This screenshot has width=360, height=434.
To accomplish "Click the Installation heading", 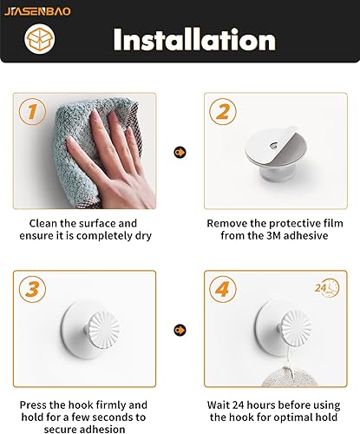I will (x=194, y=39).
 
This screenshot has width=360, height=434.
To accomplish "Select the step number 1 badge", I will (x=32, y=112).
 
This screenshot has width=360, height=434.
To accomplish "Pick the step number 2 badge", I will (x=223, y=112).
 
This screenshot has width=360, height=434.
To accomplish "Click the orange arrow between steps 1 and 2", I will (x=180, y=153).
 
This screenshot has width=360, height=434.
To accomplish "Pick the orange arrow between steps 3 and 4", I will (x=180, y=331).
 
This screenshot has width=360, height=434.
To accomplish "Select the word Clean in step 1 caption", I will (x=46, y=222).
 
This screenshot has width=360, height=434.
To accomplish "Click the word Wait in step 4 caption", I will (x=222, y=405).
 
